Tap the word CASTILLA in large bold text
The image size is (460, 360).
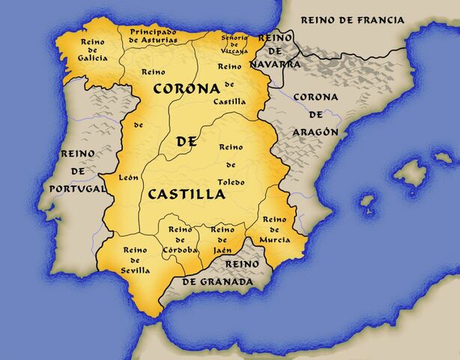click(x=187, y=194)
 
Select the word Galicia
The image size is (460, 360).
click(x=92, y=56)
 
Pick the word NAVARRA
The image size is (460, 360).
click(x=275, y=65)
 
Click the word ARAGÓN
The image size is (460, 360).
click(x=315, y=131)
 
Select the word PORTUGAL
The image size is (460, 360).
click(x=78, y=189)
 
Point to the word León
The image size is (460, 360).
click(x=129, y=178)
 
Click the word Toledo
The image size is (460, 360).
click(x=231, y=181)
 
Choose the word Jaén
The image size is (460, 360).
click(x=223, y=250)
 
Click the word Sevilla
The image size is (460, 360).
click(x=136, y=270)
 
